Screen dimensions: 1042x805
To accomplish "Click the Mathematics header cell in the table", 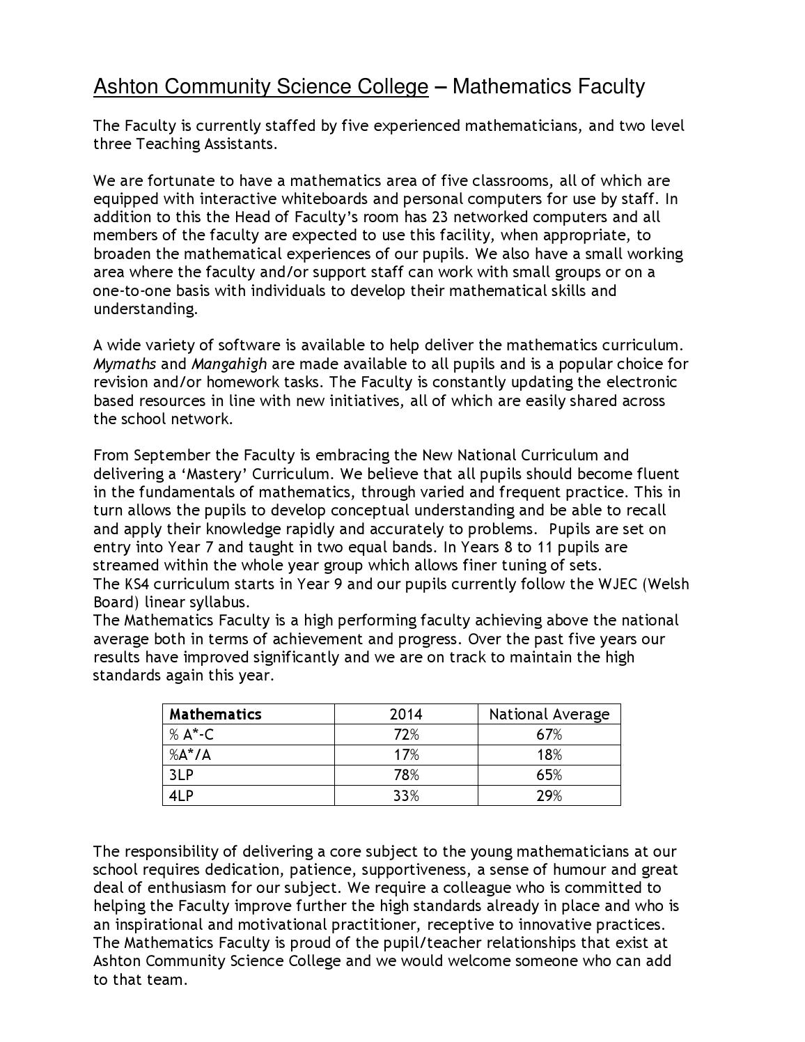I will pos(215,715).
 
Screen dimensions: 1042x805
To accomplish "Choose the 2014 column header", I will pos(406,715).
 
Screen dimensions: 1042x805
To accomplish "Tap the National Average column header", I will pos(549,715).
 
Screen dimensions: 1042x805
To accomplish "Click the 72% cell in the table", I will pos(406,735).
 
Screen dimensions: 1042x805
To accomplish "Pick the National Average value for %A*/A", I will pos(549,755).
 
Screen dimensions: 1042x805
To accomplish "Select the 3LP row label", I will pos(180,775).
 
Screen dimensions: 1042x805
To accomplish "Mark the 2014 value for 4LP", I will pos(406,795).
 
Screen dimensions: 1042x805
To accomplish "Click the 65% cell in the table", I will pos(549,775).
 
